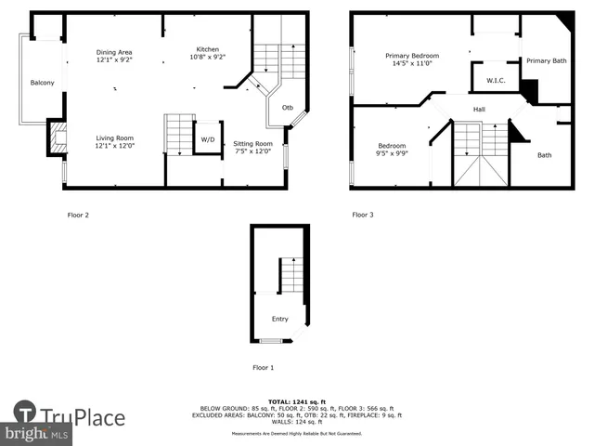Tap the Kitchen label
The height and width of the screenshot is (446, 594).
pyautogui.click(x=208, y=49)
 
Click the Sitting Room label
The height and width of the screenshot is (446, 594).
pyautogui.click(x=252, y=144)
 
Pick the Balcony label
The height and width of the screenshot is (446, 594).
pyautogui.click(x=42, y=84)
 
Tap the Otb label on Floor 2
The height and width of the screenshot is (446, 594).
pyautogui.click(x=288, y=106)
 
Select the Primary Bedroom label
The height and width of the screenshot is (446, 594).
pyautogui.click(x=412, y=56)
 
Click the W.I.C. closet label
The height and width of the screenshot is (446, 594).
pyautogui.click(x=495, y=81)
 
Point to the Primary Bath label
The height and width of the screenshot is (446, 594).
pyautogui.click(x=546, y=61)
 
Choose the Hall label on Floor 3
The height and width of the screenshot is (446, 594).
pyautogui.click(x=479, y=110)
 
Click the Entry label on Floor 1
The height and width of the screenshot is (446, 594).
pyautogui.click(x=279, y=319)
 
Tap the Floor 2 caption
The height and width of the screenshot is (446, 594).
pyautogui.click(x=78, y=215)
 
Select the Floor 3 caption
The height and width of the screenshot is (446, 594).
pyautogui.click(x=362, y=215)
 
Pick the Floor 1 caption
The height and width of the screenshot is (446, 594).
pyautogui.click(x=264, y=367)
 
